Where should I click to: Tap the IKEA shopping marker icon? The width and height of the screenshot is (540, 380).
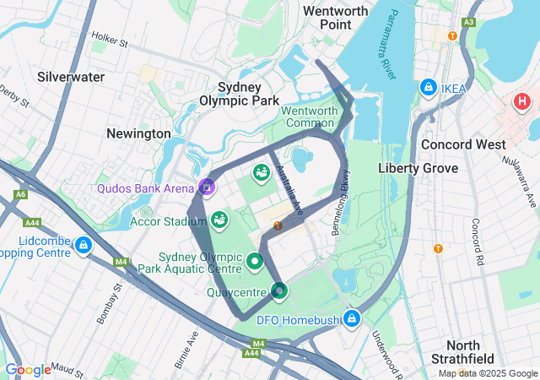tap(429, 88)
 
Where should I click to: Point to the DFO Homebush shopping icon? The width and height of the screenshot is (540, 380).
tap(352, 319)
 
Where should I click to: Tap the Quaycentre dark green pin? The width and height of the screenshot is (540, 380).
tap(279, 291)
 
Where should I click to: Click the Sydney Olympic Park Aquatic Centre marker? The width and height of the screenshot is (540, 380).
tap(256, 261)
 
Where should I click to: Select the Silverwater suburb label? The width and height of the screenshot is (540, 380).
tap(71, 77)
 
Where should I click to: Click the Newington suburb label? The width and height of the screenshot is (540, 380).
tap(138, 133)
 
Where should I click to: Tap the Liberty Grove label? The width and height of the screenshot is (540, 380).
tap(418, 168)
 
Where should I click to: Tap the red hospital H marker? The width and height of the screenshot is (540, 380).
tap(521, 102)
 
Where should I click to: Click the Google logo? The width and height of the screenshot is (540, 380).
tap(28, 369)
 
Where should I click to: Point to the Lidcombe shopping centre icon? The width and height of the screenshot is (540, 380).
tap(83, 246)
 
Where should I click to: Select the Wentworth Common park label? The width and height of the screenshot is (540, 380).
tap(309, 117)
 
